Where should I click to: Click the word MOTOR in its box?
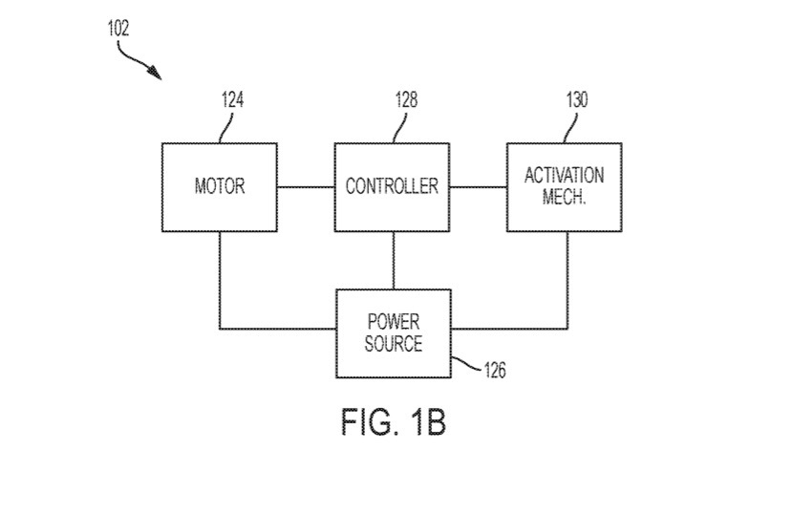click(220, 186)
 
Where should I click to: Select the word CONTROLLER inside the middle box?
click(392, 186)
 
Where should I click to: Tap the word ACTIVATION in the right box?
click(564, 176)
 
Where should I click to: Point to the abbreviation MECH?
click(564, 198)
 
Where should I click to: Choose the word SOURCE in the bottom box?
click(393, 344)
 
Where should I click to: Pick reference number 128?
click(404, 100)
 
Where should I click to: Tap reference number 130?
click(576, 100)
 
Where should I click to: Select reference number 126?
click(493, 370)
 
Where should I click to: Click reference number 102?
click(118, 29)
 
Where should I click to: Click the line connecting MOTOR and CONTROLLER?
click(306, 186)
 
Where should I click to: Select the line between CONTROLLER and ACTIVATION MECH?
click(478, 186)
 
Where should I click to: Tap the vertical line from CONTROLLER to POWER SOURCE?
click(393, 259)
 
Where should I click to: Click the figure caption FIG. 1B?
click(393, 421)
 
